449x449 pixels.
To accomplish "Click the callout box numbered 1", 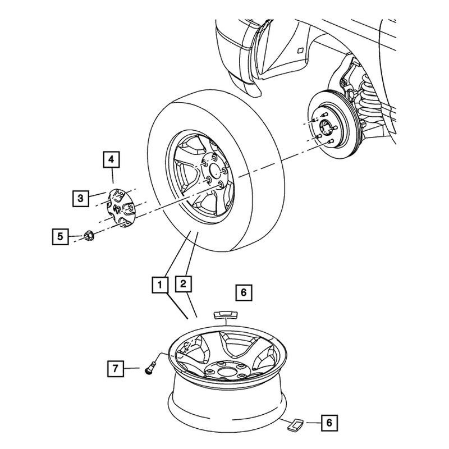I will (160, 285).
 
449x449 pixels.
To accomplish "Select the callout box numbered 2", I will (183, 285).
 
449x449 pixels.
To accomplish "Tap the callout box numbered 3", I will (81, 198).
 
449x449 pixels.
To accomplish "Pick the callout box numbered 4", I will (111, 160).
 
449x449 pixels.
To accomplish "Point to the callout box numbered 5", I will (59, 236).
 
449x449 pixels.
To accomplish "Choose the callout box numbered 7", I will (116, 369).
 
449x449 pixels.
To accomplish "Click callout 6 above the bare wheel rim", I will (243, 292).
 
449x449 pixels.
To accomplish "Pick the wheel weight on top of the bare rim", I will (225, 315).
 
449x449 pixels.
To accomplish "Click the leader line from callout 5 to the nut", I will (75, 236).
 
